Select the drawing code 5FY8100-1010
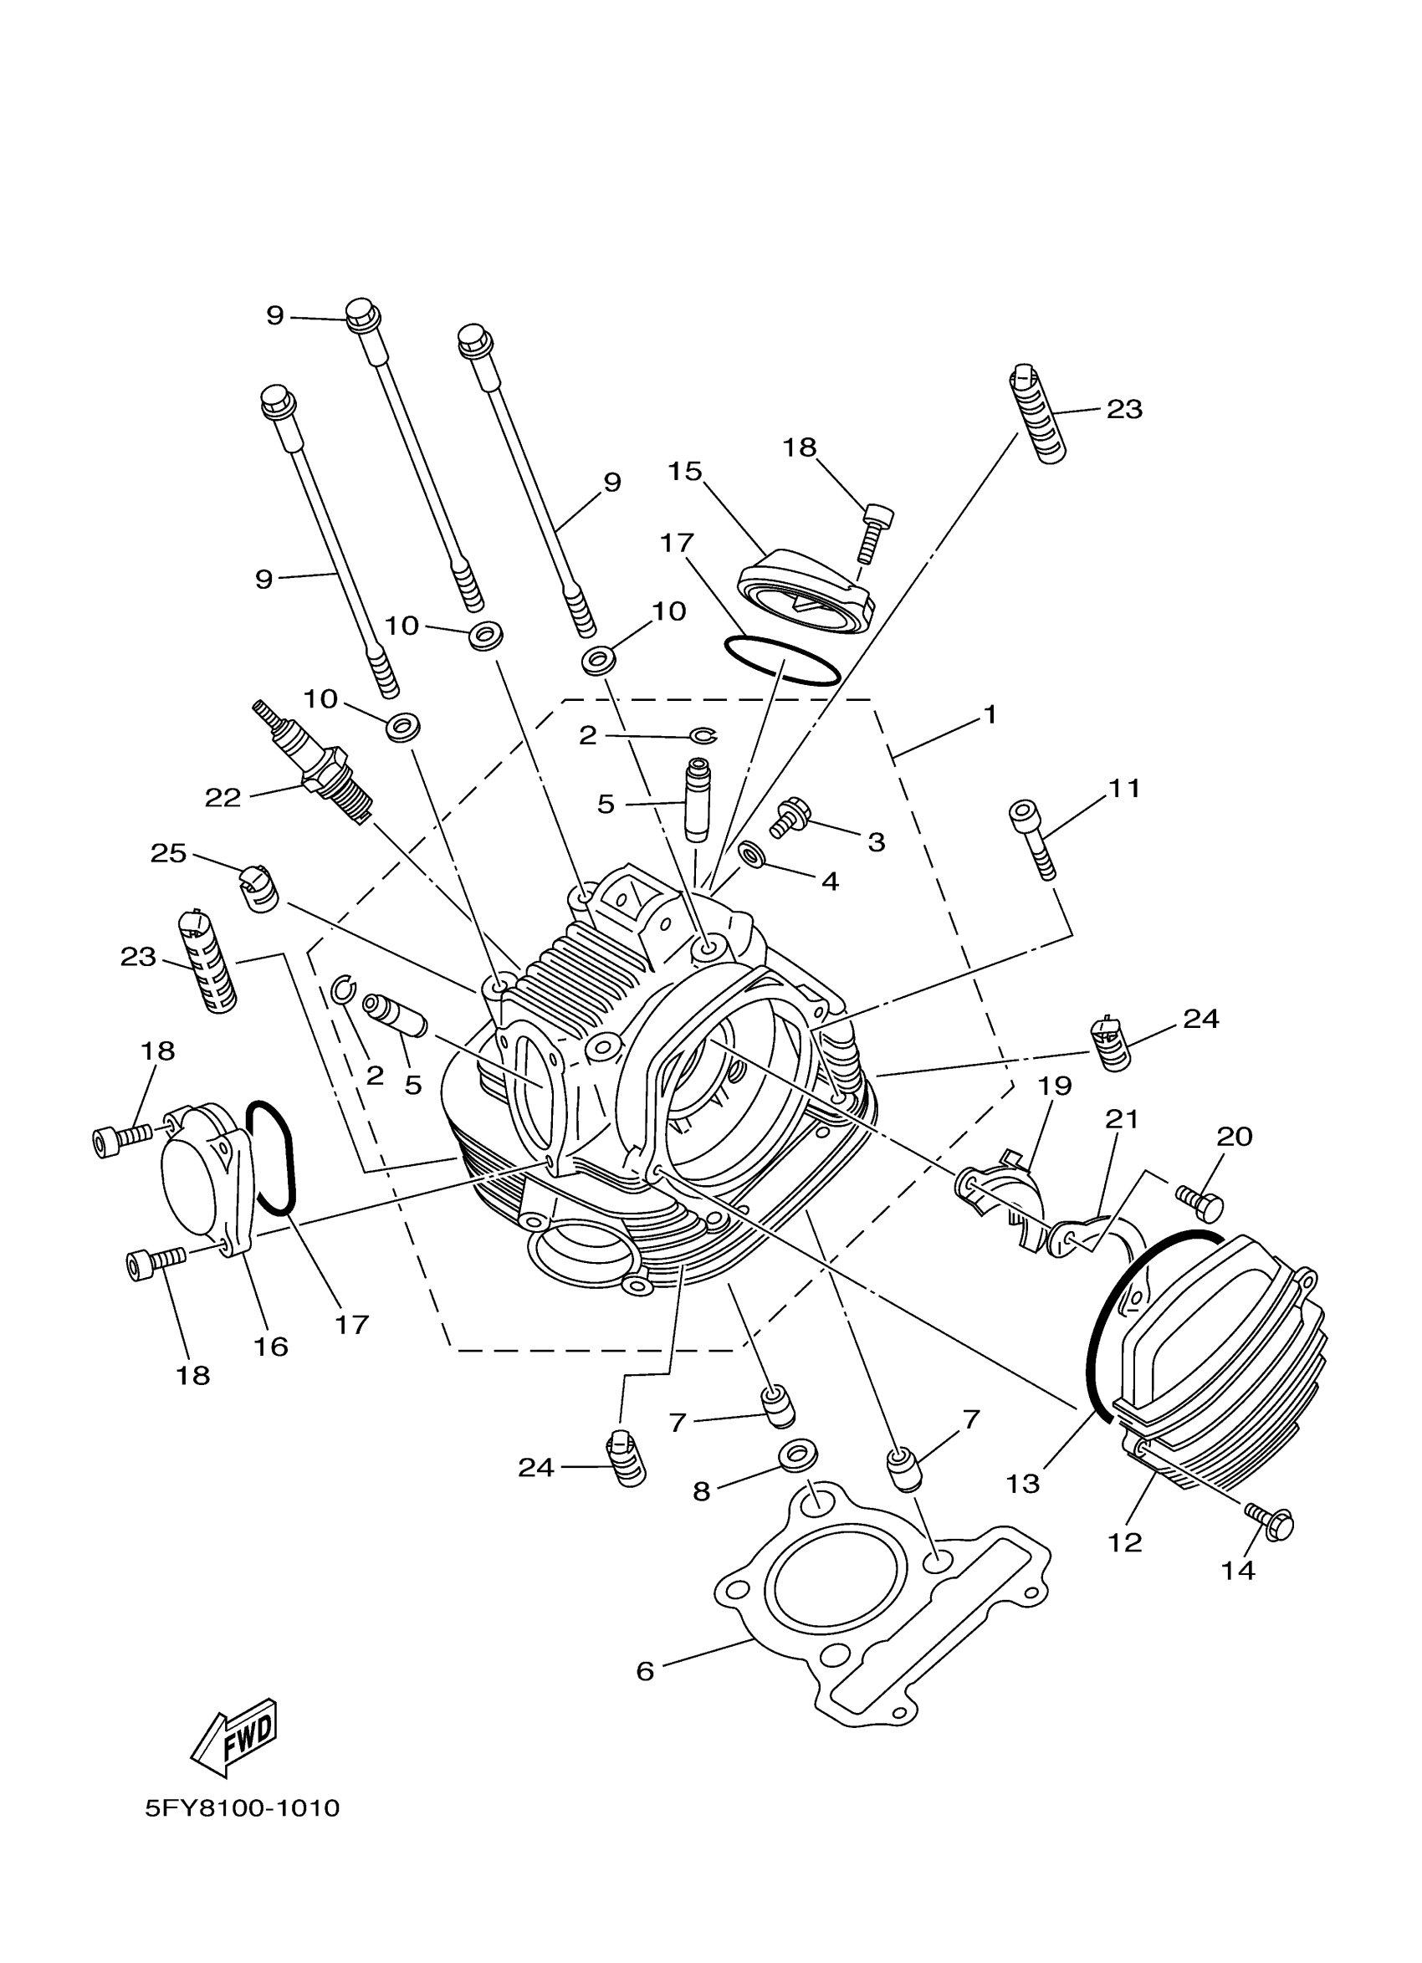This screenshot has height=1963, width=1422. click(x=243, y=1807)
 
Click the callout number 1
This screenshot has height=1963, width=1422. click(x=990, y=715)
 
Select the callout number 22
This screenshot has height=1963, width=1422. click(x=223, y=797)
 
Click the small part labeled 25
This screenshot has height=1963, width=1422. click(x=258, y=888)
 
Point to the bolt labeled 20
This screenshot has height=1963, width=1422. click(x=1201, y=1203)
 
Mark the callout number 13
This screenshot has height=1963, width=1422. click(x=1022, y=1484)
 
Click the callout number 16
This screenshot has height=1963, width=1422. click(x=271, y=1346)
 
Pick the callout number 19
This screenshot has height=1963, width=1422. click(x=1055, y=1086)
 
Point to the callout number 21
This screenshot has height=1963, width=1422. click(x=1122, y=1119)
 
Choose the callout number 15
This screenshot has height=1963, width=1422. click(x=684, y=472)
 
